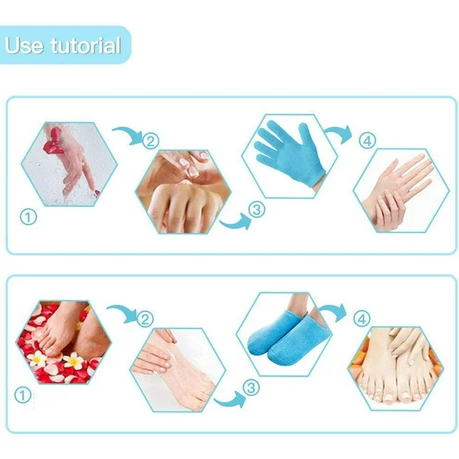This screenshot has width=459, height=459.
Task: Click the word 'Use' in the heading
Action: click(24, 45)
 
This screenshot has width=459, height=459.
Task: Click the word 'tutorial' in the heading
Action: click(85, 45)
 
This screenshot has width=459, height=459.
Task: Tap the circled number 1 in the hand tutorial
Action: click(29, 217)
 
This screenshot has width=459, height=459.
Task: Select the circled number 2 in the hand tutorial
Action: click(151, 141)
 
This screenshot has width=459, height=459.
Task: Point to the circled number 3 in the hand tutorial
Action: click(257, 209)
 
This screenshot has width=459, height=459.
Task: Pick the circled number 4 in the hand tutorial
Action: click(368, 141)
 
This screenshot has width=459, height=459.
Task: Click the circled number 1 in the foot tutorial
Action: click(23, 395)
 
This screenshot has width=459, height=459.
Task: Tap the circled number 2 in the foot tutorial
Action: click(145, 318)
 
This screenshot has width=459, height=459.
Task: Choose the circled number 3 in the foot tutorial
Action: click(251, 388)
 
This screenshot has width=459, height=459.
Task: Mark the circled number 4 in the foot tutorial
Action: click(362, 319)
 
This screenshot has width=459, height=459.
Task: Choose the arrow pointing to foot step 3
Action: click(230, 400)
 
